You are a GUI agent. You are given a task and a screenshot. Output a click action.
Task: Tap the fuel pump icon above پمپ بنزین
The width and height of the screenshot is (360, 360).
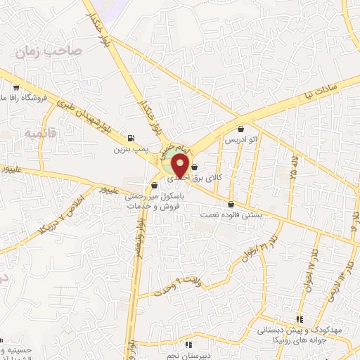pyautogui.click(x=131, y=138)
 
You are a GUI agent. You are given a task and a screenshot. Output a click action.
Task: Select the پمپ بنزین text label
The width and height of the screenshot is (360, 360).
pyautogui.click(x=131, y=149)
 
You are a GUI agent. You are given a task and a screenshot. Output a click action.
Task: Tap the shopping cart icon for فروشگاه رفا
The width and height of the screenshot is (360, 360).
pyautogui.click(x=15, y=89)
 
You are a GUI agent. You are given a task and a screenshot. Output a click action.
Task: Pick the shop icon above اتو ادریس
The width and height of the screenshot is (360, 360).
pyautogui.click(x=242, y=129)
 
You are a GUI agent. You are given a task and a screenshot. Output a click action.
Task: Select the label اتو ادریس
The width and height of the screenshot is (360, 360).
pyautogui.click(x=241, y=140)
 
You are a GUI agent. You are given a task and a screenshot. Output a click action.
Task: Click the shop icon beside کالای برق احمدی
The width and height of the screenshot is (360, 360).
pyautogui.click(x=195, y=167)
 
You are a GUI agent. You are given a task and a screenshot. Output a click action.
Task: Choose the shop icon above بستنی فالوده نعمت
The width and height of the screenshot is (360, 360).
pyautogui.click(x=231, y=204)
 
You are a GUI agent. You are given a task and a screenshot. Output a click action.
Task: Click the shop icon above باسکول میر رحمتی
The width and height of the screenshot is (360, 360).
pyautogui.click(x=154, y=187)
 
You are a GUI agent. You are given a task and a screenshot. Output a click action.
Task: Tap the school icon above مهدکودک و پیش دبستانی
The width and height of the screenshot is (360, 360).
pyautogui.click(x=300, y=319)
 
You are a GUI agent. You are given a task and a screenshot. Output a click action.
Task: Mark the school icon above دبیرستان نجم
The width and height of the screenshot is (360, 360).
pyautogui.click(x=188, y=345)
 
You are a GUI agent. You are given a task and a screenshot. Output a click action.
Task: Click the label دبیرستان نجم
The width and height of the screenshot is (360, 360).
pyautogui.click(x=188, y=355)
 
